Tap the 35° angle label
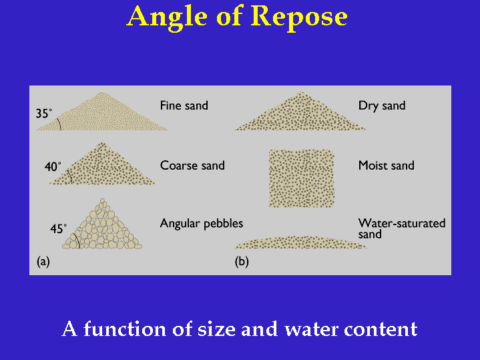43,114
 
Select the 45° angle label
59,228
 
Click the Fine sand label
184,106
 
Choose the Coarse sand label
192,166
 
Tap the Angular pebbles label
202,224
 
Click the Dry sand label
382,106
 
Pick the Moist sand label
387,165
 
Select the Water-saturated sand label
401,228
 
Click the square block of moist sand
302,178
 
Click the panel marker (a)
43,262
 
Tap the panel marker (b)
242,262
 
